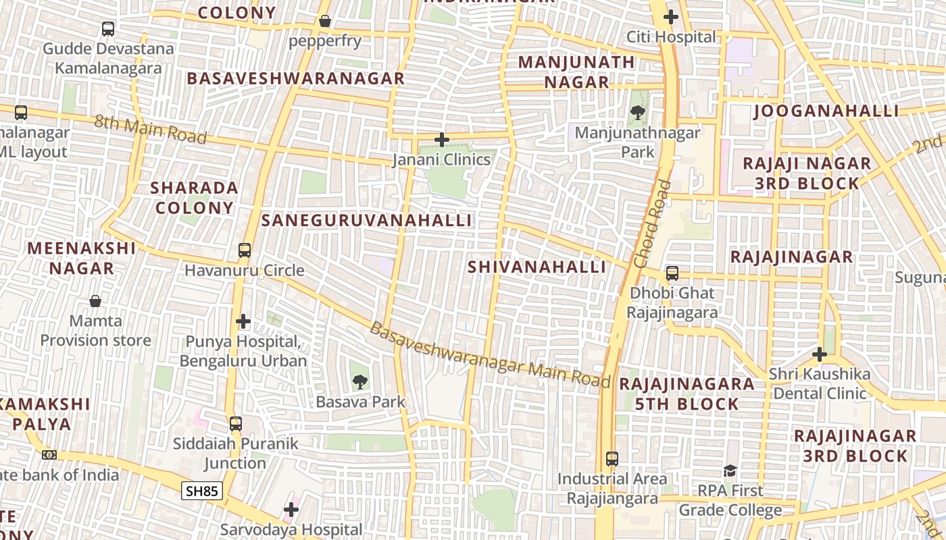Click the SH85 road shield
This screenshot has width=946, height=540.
pyautogui.click(x=202, y=491)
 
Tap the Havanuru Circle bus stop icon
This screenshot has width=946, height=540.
pyautogui.click(x=245, y=250)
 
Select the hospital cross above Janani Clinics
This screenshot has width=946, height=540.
pyautogui.click(x=442, y=140)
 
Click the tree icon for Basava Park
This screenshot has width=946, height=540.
pyautogui.click(x=360, y=382)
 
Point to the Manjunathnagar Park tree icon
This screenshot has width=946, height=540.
pyautogui.click(x=637, y=113)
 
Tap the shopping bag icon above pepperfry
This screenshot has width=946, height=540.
pyautogui.click(x=325, y=21)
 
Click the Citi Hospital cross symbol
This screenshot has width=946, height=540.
pyautogui.click(x=671, y=17)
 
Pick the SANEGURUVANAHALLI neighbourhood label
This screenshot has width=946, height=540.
pyautogui.click(x=367, y=221)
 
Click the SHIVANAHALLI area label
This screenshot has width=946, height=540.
pyautogui.click(x=537, y=267)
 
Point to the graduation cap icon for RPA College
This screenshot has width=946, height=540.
pyautogui.click(x=730, y=470)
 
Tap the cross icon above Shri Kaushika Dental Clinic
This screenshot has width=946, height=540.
pyautogui.click(x=820, y=354)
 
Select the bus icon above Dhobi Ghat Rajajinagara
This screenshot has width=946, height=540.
pyautogui.click(x=672, y=273)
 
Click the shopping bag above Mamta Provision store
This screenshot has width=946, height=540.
pyautogui.click(x=95, y=300)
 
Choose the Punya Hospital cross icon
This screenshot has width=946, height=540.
pyautogui.click(x=243, y=321)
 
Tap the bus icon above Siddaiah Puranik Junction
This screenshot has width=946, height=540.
pyautogui.click(x=235, y=424)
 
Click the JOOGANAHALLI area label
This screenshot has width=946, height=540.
pyautogui.click(x=826, y=111)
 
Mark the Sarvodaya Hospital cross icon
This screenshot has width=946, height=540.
pyautogui.click(x=291, y=510)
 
